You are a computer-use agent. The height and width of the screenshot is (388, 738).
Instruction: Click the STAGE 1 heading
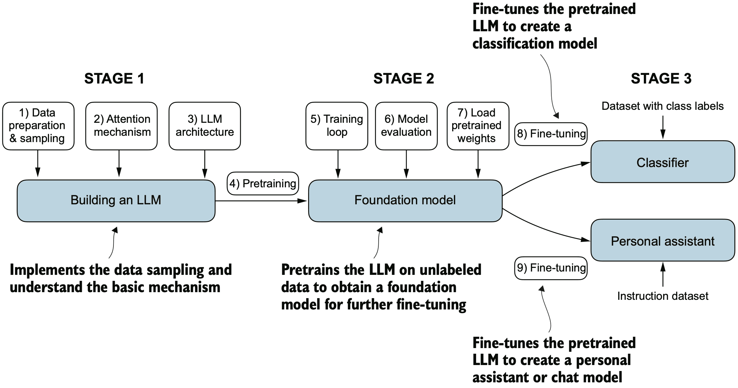[114, 79]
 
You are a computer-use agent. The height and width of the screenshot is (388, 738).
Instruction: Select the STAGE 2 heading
[403, 79]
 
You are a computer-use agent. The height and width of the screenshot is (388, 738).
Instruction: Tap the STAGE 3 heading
[661, 79]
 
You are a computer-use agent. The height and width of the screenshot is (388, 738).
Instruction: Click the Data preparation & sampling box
[38, 126]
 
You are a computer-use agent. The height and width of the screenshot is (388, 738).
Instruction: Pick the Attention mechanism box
[121, 126]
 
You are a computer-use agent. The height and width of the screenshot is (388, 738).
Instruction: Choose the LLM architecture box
[205, 126]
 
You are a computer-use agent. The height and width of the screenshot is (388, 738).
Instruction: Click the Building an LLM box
[116, 200]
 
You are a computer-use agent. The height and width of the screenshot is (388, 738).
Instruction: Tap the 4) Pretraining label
[263, 183]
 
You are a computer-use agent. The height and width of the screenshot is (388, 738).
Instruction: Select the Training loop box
[337, 126]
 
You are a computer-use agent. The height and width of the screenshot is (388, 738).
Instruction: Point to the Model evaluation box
[406, 126]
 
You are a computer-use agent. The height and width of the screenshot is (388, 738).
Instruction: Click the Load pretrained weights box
[478, 126]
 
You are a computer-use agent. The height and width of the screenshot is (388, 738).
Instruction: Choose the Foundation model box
[405, 200]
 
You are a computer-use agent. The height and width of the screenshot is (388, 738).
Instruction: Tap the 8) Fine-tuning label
[551, 134]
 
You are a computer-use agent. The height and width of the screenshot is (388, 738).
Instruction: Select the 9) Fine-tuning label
[551, 268]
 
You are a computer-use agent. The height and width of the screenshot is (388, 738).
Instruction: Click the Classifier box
[662, 162]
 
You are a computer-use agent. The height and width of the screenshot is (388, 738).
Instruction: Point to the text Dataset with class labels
[662, 106]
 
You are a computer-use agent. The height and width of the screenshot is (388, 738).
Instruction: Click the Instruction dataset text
[662, 296]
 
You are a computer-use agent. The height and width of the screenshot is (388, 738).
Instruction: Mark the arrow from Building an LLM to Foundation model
[261, 201]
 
